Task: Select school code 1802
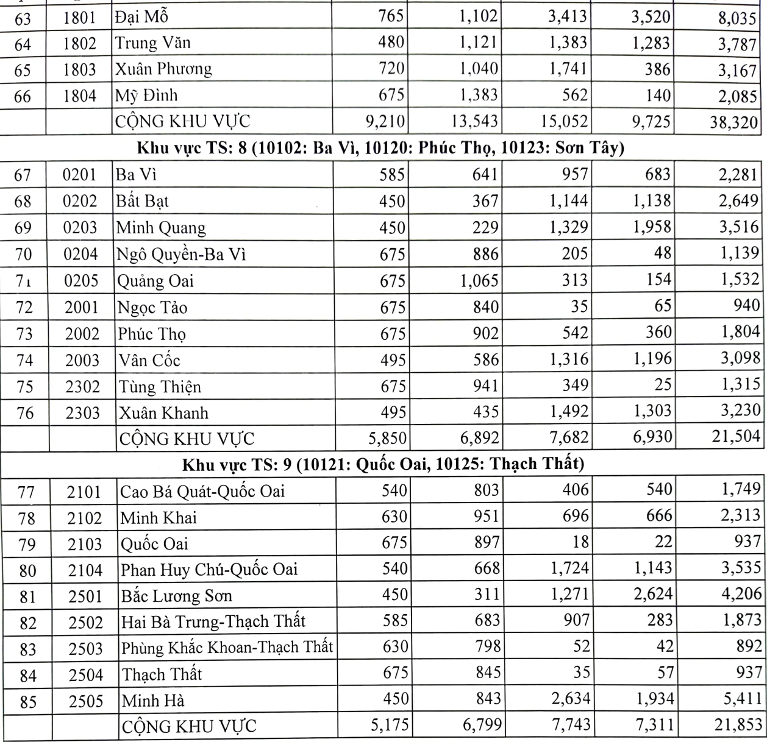pyautogui.click(x=80, y=43)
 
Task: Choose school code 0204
pyautogui.click(x=80, y=254)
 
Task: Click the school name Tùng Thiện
pyautogui.click(x=159, y=387)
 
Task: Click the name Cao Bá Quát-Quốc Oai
pyautogui.click(x=202, y=491)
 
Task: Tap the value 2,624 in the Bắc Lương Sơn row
pyautogui.click(x=652, y=594)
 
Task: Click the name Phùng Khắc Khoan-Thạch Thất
pyautogui.click(x=227, y=648)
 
